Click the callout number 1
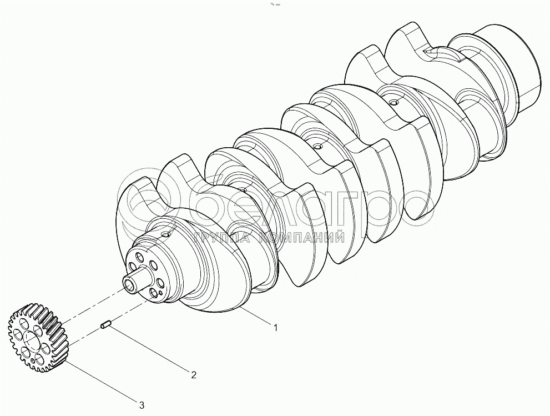[276, 328]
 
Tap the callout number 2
[194, 375]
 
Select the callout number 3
[142, 405]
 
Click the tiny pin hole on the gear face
[33, 360]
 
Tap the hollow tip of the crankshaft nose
[129, 283]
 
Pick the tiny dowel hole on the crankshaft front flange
[160, 292]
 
